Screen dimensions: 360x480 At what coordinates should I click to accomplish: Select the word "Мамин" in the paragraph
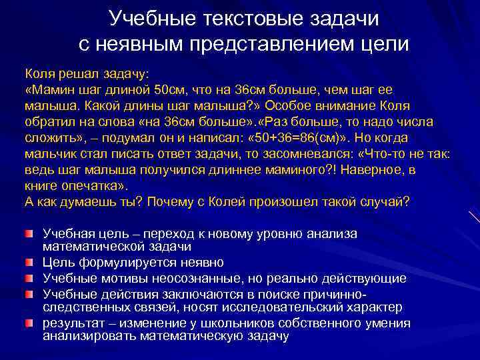[54, 90]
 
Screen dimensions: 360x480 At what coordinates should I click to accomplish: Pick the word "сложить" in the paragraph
[49, 138]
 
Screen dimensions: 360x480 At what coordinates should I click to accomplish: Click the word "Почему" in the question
[175, 202]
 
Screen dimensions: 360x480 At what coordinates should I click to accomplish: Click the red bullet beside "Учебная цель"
[29, 234]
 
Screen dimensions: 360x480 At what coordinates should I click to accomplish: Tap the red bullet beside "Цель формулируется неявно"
[29, 262]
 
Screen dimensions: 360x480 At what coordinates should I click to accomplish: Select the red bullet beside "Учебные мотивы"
[29, 277]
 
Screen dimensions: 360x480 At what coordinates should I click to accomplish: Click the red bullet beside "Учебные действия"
[29, 293]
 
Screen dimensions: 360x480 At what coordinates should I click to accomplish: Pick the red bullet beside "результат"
[29, 323]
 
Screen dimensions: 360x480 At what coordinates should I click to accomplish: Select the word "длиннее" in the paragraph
[225, 170]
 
